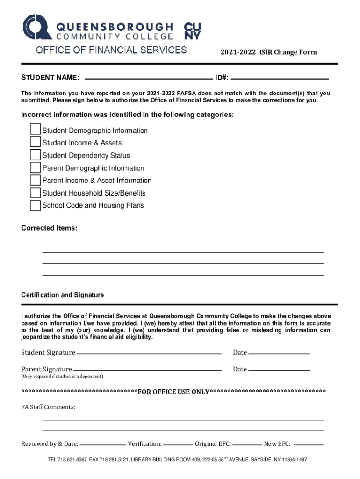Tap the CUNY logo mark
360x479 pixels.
(x=193, y=31)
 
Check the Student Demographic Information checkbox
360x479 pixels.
(x=35, y=130)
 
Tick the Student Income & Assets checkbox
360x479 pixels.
(x=35, y=142)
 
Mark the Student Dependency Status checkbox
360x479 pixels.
(x=35, y=155)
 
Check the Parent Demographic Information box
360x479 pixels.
(x=35, y=167)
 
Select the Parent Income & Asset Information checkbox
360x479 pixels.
(x=35, y=180)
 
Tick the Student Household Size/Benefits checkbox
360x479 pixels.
(x=35, y=193)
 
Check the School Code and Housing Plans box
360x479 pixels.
(x=35, y=205)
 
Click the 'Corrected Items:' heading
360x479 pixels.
(x=49, y=228)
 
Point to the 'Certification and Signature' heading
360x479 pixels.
(x=62, y=295)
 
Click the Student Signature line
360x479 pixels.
(x=149, y=354)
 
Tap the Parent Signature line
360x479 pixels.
(x=147, y=370)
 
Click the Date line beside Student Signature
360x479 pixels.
(x=279, y=354)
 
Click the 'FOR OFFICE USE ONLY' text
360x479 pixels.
(x=173, y=392)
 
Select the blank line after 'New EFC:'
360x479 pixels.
(x=308, y=445)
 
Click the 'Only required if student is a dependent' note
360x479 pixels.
(x=62, y=377)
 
